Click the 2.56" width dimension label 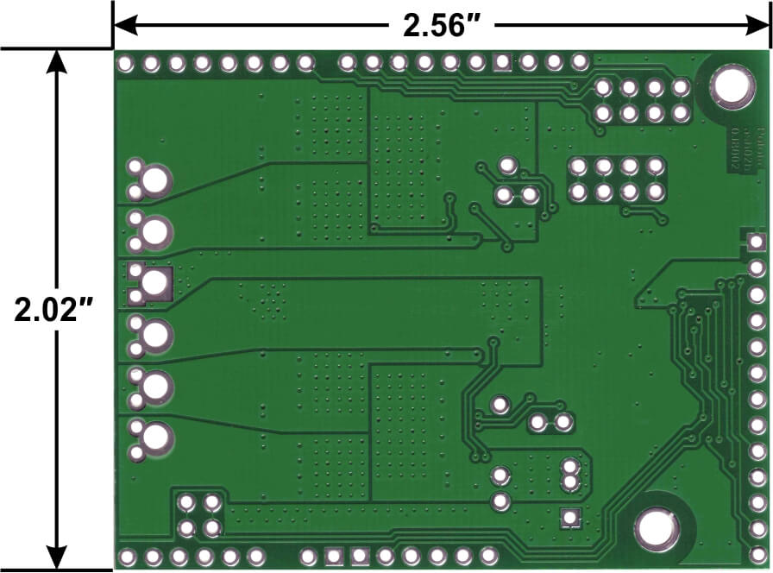pyautogui.click(x=443, y=25)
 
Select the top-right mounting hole pyautogui.click(x=731, y=88)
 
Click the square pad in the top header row pyautogui.click(x=502, y=62)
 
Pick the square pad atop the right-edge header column pyautogui.click(x=757, y=242)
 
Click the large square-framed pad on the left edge pyautogui.click(x=156, y=283)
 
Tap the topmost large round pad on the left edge pyautogui.click(x=156, y=179)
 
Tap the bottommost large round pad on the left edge pyautogui.click(x=156, y=438)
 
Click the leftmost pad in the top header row pyautogui.click(x=126, y=63)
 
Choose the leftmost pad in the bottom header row pyautogui.click(x=127, y=556)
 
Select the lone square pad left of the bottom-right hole pyautogui.click(x=569, y=517)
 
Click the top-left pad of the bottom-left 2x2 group pyautogui.click(x=186, y=501)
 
